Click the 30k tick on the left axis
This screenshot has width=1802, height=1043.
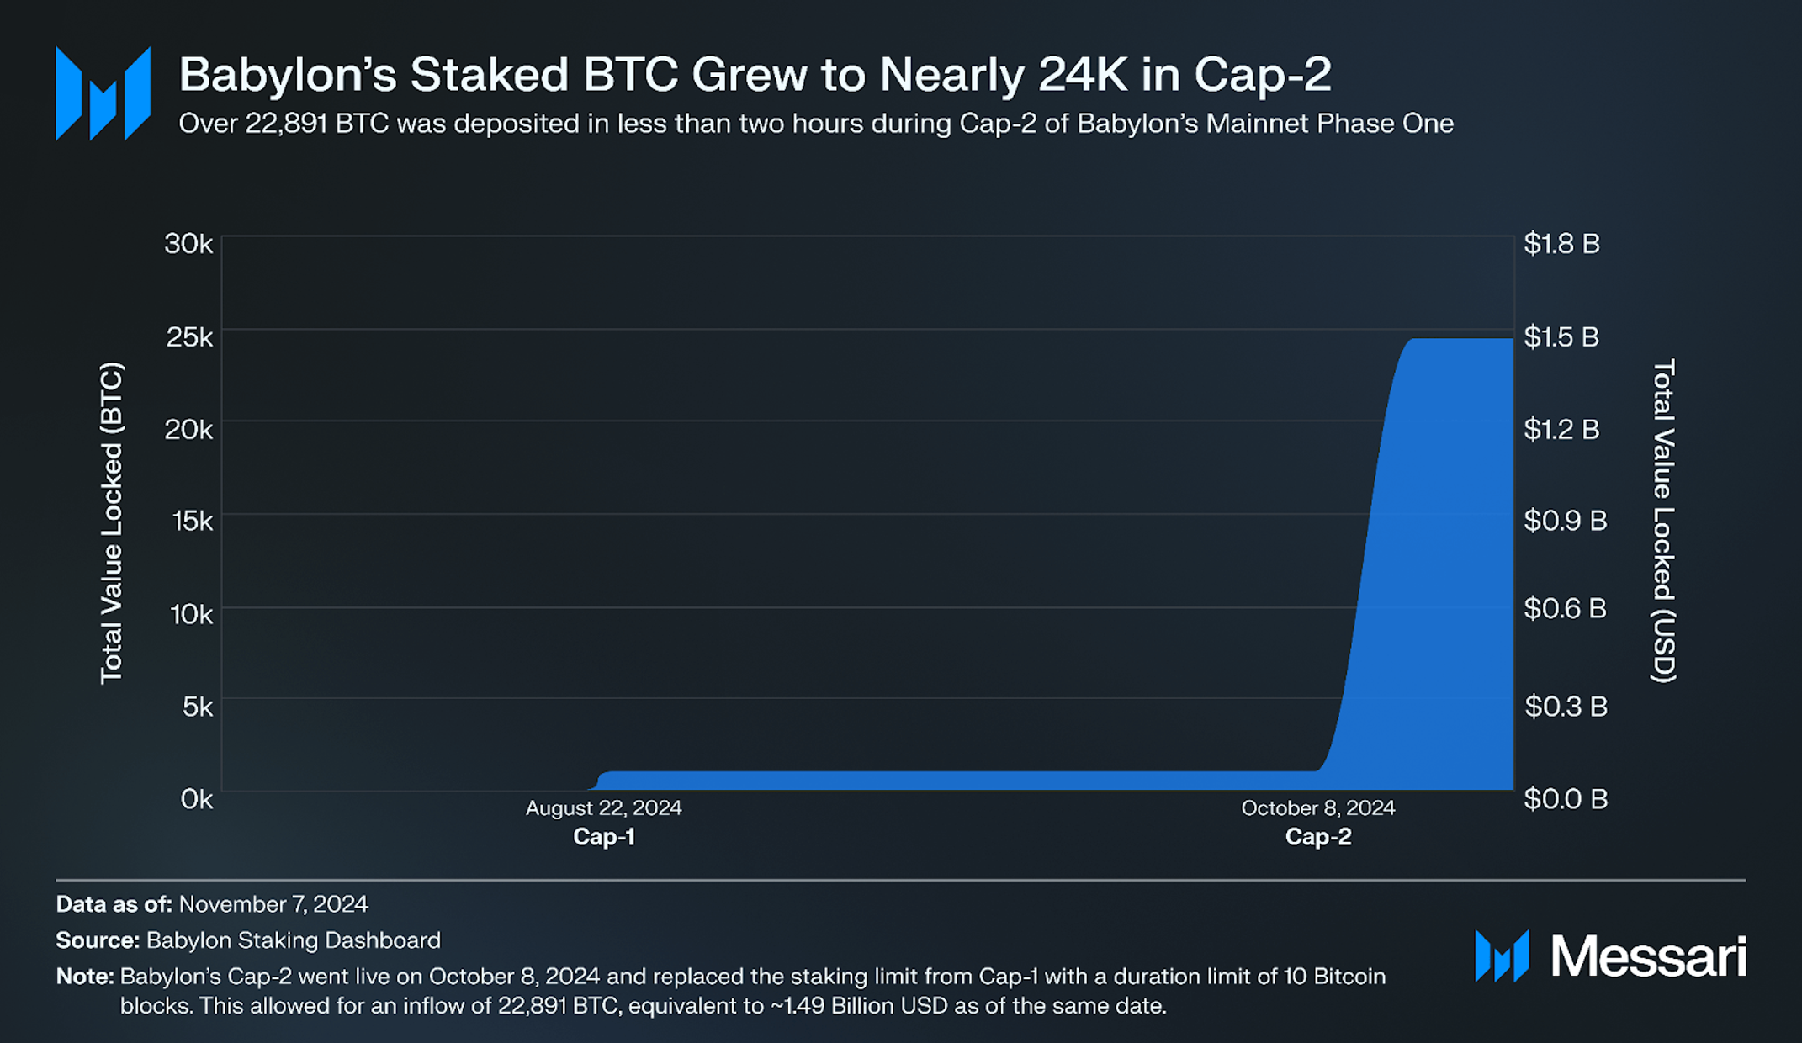[188, 244]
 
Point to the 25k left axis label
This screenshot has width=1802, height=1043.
[189, 337]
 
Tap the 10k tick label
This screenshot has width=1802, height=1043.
[191, 615]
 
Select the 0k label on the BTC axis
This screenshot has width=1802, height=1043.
[197, 799]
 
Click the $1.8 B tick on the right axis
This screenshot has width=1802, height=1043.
[1561, 244]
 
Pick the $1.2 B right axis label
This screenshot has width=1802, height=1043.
[1561, 430]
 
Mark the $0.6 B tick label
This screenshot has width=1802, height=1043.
[1565, 608]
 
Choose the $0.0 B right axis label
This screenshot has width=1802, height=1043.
[1566, 799]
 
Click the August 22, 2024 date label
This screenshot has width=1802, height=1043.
[603, 808]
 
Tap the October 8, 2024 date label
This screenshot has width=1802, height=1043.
[1317, 808]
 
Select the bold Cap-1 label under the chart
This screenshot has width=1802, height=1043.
[603, 837]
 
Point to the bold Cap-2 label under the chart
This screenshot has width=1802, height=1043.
[1317, 837]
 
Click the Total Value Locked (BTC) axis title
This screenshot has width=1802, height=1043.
[112, 522]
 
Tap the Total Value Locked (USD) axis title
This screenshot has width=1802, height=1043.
[1664, 521]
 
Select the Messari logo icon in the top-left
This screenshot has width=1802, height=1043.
[103, 93]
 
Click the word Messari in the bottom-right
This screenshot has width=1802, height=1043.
[1648, 956]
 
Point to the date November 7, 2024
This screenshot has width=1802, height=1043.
[273, 904]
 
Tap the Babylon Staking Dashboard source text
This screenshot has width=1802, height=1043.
[293, 940]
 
